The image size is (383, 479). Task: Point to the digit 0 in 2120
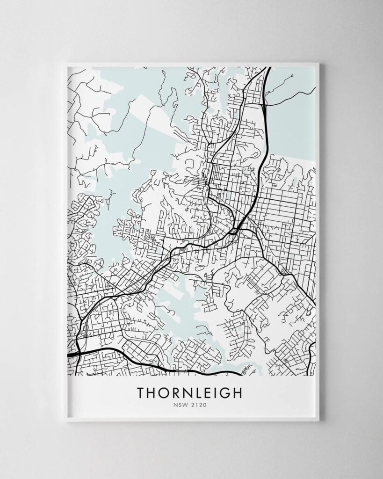click(204, 406)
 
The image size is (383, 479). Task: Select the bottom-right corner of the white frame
click(318, 420)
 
